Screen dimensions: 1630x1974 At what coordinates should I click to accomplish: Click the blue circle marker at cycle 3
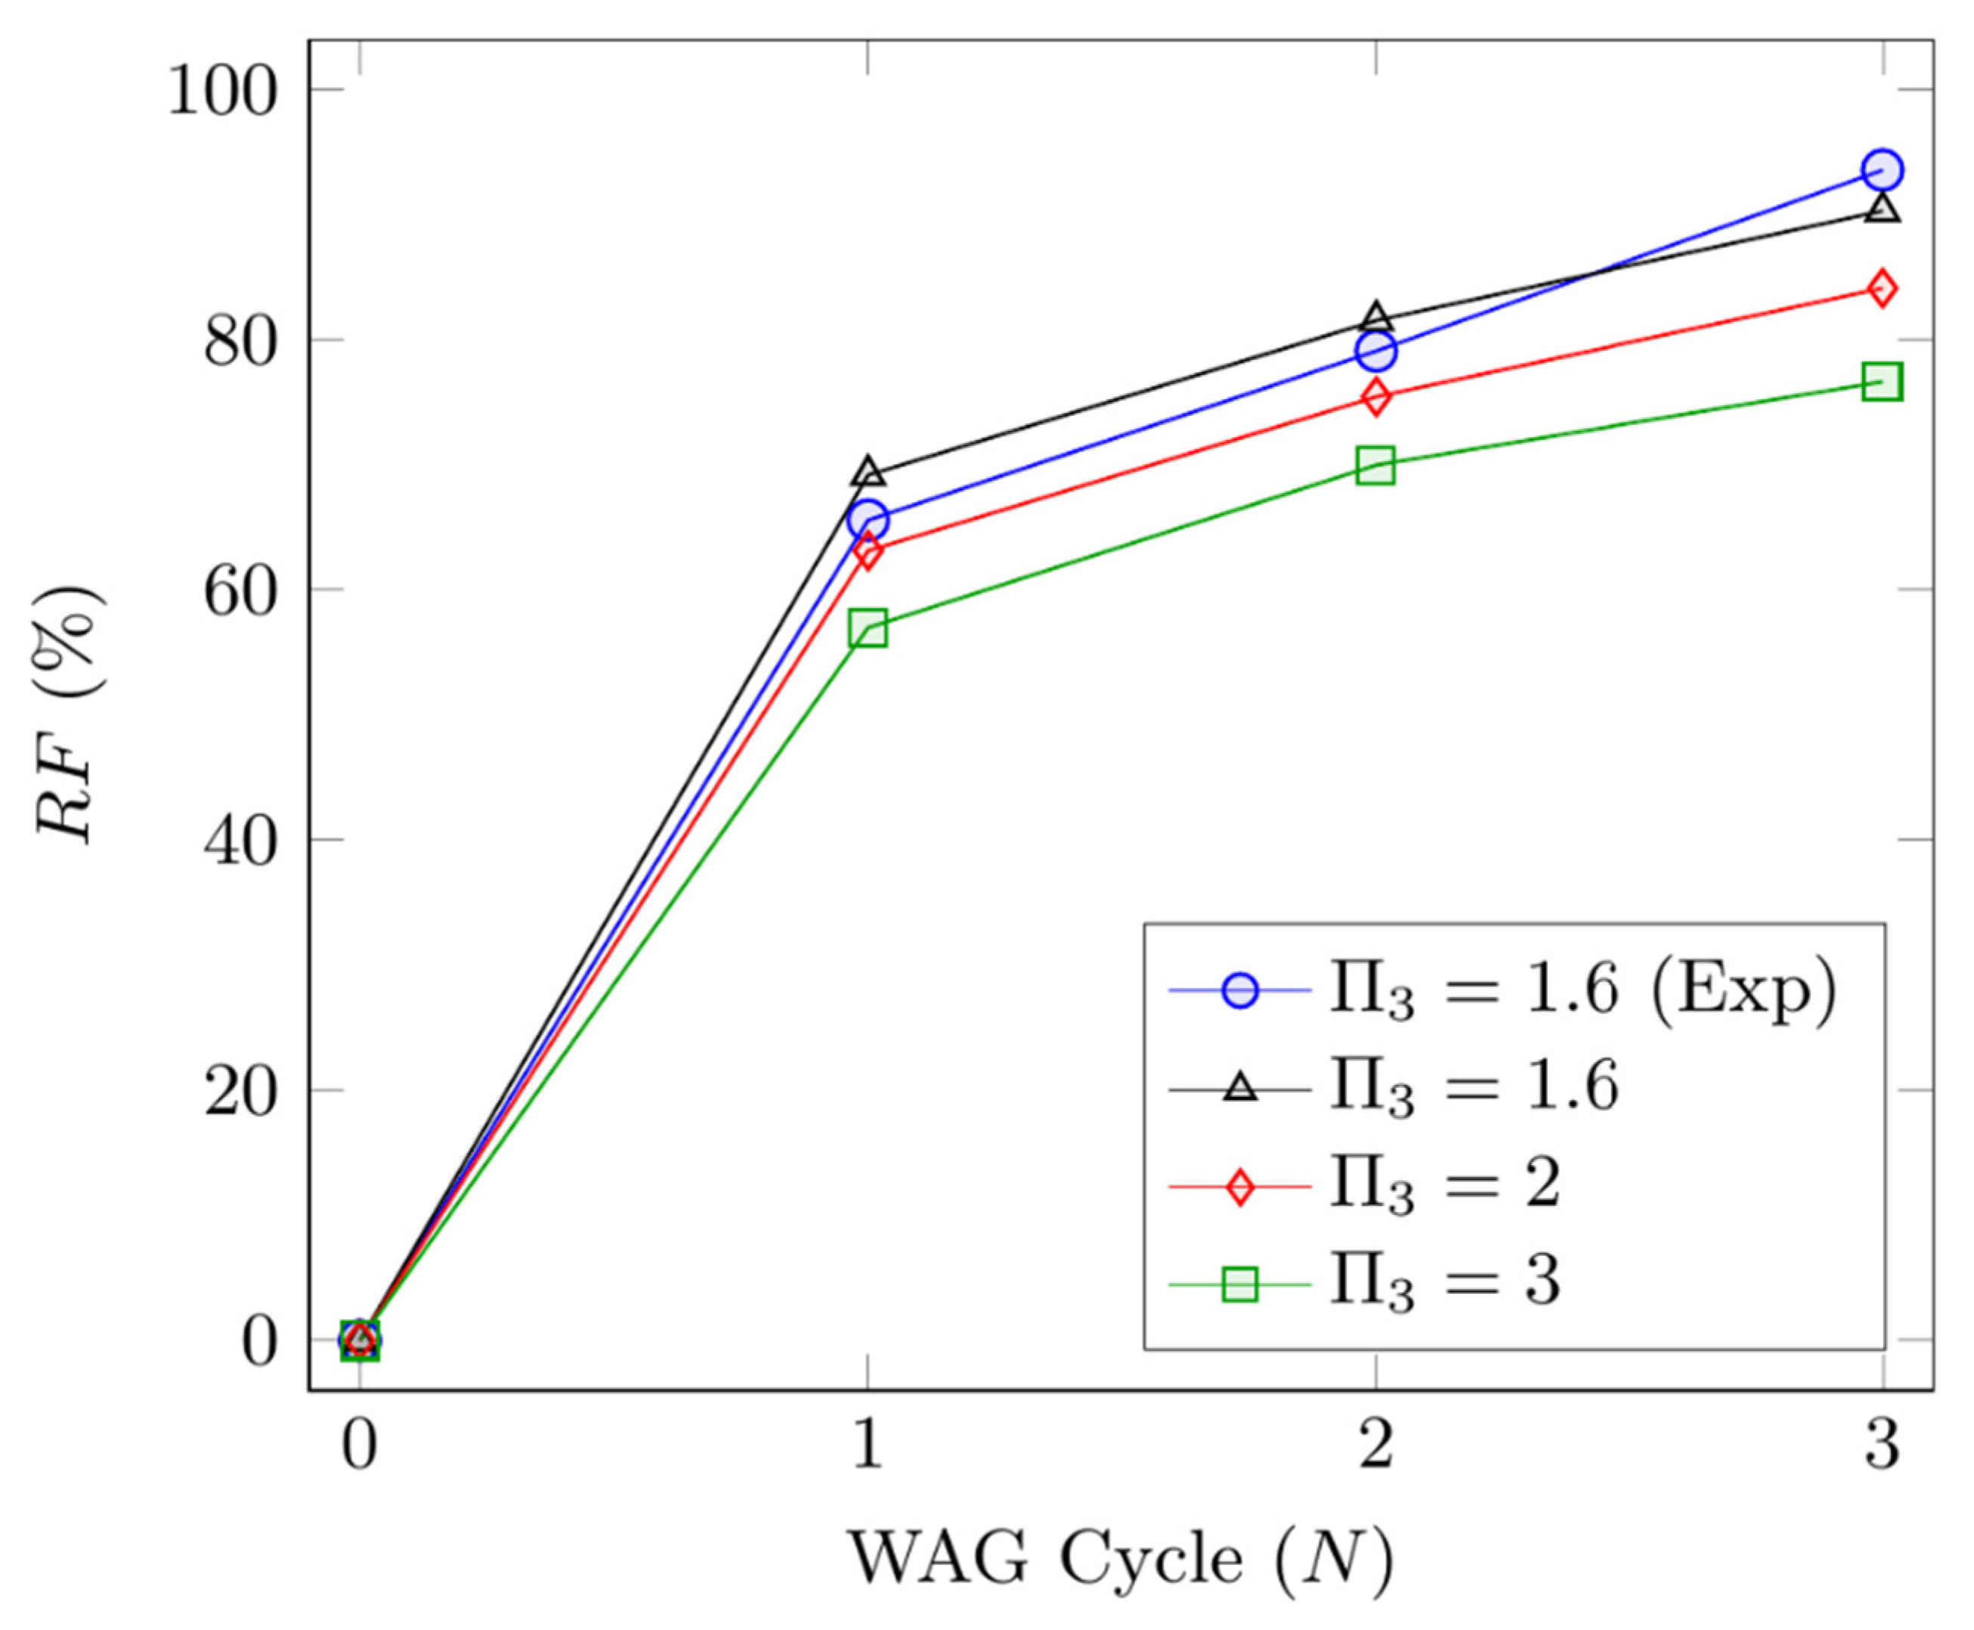coord(1882,170)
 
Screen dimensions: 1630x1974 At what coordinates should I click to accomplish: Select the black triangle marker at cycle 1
coord(868,473)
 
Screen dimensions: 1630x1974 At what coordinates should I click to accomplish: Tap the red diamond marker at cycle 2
coord(1376,397)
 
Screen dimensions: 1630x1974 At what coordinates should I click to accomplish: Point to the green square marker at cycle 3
coord(1882,382)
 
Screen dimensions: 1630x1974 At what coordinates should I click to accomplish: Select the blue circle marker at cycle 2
coord(1376,351)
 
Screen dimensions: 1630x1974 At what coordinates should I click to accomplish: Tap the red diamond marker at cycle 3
coord(1882,288)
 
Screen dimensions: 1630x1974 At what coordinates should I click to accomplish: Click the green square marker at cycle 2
coord(1376,465)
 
